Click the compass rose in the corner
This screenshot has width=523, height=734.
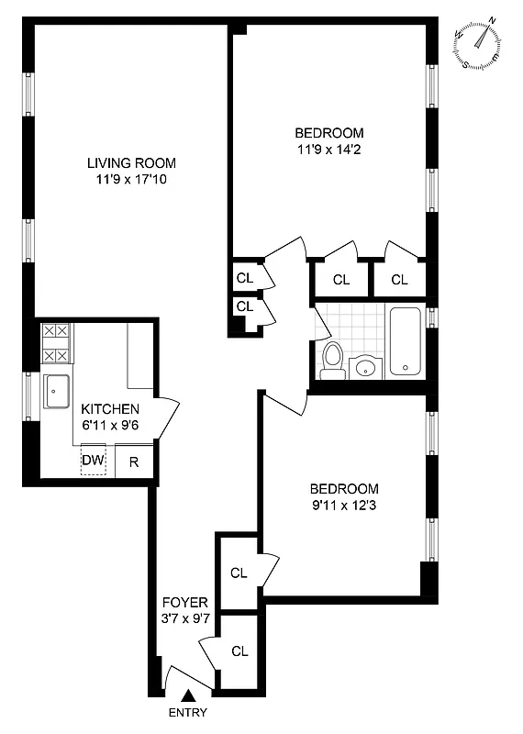click(x=478, y=43)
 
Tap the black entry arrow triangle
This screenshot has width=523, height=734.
click(x=188, y=697)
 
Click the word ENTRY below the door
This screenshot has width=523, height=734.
click(x=188, y=714)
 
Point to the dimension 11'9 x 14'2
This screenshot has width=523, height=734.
click(x=329, y=149)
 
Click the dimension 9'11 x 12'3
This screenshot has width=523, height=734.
click(x=343, y=506)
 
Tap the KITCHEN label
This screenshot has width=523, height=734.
click(x=110, y=409)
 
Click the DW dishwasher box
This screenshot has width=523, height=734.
click(x=93, y=461)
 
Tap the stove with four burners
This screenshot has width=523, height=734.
click(x=56, y=343)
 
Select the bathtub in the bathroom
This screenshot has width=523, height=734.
click(x=404, y=341)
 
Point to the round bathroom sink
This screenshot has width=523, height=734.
click(x=366, y=367)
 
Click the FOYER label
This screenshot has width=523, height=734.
click(x=185, y=603)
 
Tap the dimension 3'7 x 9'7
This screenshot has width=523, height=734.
click(x=185, y=618)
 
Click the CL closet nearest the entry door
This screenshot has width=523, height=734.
click(x=239, y=651)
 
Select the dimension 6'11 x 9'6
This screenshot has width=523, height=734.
click(x=110, y=425)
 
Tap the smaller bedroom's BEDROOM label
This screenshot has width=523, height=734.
click(x=343, y=489)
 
